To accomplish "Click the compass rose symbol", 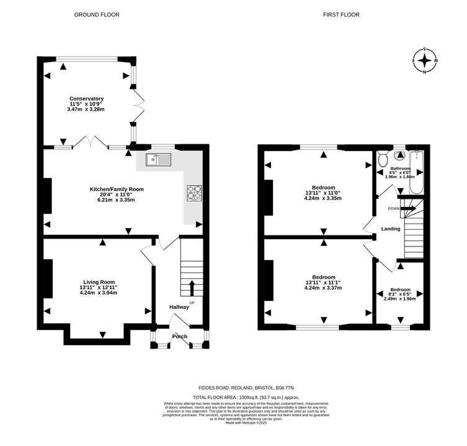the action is click(425, 61).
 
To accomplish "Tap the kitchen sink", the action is click(158, 159).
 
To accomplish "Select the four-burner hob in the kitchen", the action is click(194, 193).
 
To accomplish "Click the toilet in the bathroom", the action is click(382, 159).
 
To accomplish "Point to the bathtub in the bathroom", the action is click(417, 173).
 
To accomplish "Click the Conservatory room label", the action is click(86, 98).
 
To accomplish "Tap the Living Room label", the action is click(99, 282).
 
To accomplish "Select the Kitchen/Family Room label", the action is click(117, 189).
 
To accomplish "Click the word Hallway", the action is click(179, 307).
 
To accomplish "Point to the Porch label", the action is click(180, 336).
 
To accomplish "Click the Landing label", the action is click(391, 229).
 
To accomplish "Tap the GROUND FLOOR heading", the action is click(97, 15).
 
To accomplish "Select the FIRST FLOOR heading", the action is click(341, 15).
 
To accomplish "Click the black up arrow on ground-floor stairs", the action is click(192, 287).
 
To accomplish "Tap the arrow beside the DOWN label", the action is click(408, 208).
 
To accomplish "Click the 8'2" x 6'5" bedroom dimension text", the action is click(401, 294).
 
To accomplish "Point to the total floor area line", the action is click(246, 397).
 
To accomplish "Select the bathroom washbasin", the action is click(399, 155).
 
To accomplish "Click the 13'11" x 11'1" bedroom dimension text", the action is click(323, 282).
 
